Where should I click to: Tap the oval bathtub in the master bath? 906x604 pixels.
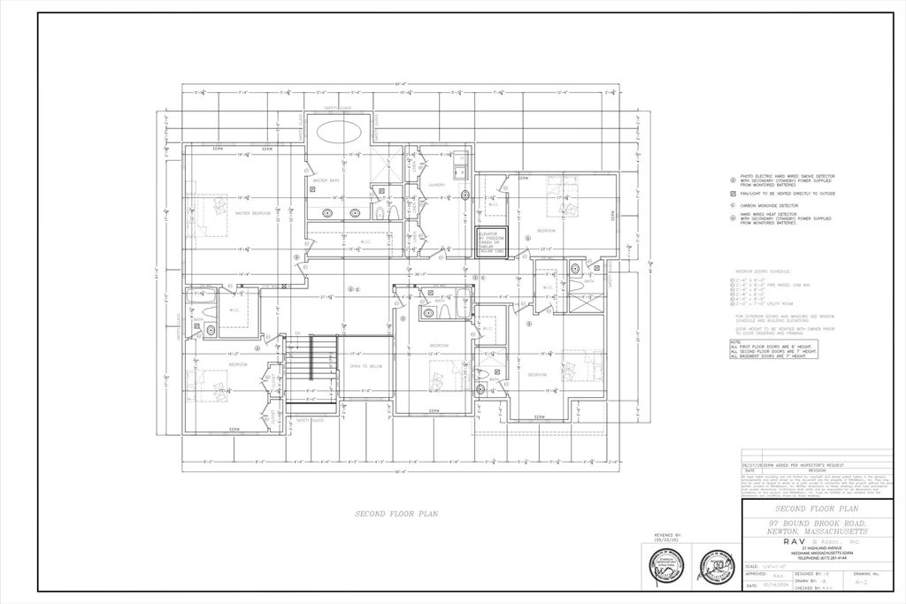coord(338,135)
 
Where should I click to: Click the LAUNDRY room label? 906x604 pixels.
coord(436,185)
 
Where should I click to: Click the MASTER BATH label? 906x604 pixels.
coord(326,181)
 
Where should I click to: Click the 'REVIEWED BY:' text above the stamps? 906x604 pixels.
coord(666,535)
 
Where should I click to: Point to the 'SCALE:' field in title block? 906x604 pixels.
coord(751,566)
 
